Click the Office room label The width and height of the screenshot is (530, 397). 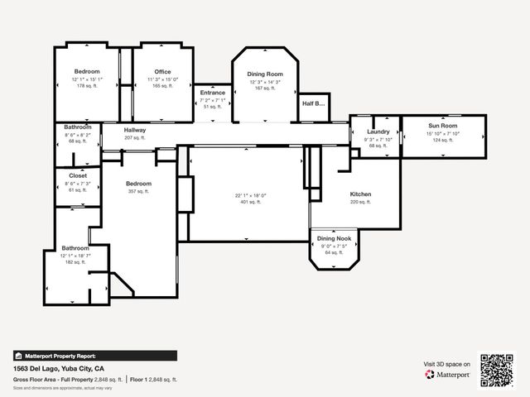point(162,72)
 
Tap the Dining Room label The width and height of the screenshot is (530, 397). point(265,74)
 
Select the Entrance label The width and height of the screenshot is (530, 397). point(213,93)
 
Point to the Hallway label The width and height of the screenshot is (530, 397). point(135,131)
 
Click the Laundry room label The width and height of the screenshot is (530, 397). point(378,132)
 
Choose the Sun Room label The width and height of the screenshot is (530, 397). point(443,126)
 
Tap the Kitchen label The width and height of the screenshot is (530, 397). point(360,194)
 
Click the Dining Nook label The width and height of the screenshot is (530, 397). point(335,238)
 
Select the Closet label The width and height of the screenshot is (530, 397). point(78,176)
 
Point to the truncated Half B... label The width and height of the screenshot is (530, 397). point(313,103)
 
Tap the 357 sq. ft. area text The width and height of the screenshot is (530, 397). point(138,191)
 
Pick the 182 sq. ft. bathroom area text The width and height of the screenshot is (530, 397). point(75,262)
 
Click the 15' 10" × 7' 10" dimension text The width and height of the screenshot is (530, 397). point(443,133)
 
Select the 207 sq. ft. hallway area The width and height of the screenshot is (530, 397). point(135,137)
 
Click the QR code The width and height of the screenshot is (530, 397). point(497,371)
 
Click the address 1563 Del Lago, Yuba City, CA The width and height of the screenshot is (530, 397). point(58,368)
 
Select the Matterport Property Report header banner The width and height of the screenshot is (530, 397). point(94,356)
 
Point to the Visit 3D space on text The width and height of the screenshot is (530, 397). point(447,364)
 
